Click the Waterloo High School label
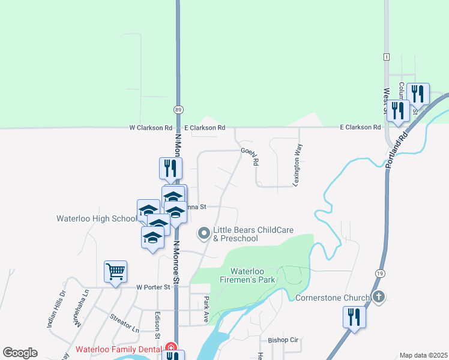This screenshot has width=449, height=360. click(96, 218)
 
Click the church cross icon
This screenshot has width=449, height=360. click(378, 296)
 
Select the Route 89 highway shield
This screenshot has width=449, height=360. click(179, 110)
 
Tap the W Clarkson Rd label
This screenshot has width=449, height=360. click(151, 128)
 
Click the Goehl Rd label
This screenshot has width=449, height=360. click(249, 156)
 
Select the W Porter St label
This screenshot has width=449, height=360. click(154, 287)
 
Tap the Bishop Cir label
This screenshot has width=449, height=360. click(283, 340)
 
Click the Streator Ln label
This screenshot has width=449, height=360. click(124, 322)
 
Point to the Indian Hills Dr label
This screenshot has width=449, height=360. click(55, 310)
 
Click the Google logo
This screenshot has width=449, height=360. click(20, 353)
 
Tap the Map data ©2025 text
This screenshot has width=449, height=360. click(423, 355)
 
